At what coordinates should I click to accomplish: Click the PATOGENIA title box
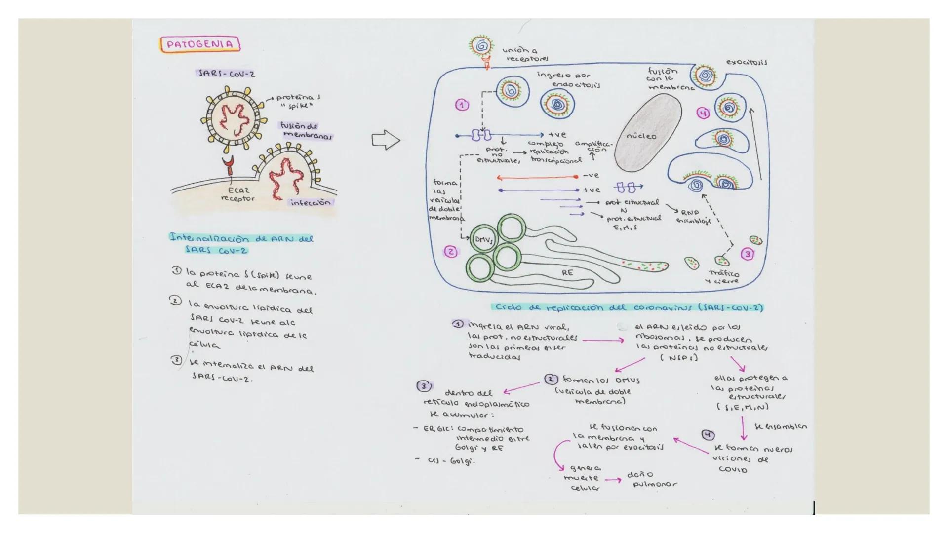coord(200,44)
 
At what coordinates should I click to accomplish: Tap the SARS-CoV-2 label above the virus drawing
coord(226,74)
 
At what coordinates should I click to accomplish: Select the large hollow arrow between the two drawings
coord(386,140)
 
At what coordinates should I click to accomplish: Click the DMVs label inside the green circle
coord(483,240)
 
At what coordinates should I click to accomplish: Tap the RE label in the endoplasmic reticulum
coord(567,272)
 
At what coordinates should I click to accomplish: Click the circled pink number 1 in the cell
coord(462,105)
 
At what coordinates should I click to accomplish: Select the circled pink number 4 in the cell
coord(703,113)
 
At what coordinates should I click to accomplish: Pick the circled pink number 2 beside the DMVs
coord(450,252)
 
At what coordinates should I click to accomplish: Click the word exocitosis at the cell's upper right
coord(746,62)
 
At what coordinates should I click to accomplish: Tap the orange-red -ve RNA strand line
coord(537,177)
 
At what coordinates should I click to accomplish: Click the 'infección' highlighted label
coord(311,202)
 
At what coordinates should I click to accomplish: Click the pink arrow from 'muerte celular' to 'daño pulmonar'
coord(613,480)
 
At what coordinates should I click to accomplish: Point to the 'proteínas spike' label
coord(297,101)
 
